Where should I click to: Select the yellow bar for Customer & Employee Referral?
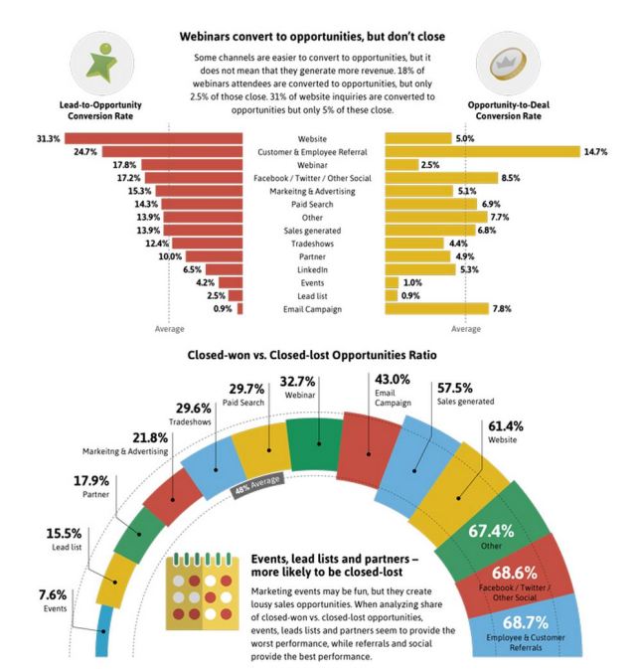pos(482,151)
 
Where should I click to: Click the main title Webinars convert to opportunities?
pos(311,36)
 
